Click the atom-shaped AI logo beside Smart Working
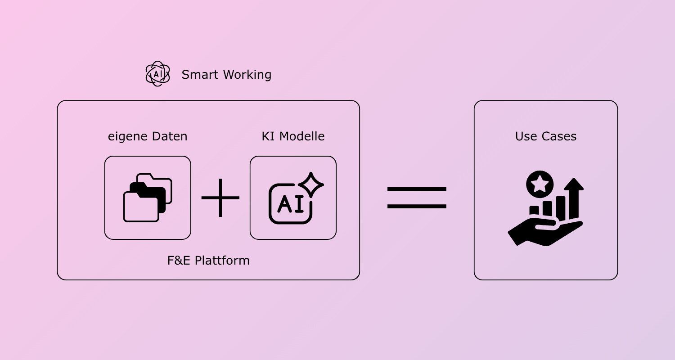click(157, 74)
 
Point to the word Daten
click(170, 136)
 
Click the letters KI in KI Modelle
click(268, 136)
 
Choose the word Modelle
click(302, 136)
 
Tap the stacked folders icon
click(148, 198)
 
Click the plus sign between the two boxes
click(220, 198)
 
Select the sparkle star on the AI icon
click(311, 184)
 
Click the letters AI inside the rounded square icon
click(291, 204)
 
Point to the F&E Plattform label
click(208, 261)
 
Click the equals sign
click(417, 198)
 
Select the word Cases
click(559, 136)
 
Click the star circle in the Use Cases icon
click(540, 184)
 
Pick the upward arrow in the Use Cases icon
click(574, 198)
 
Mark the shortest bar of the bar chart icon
click(534, 210)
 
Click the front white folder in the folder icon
click(141, 207)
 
